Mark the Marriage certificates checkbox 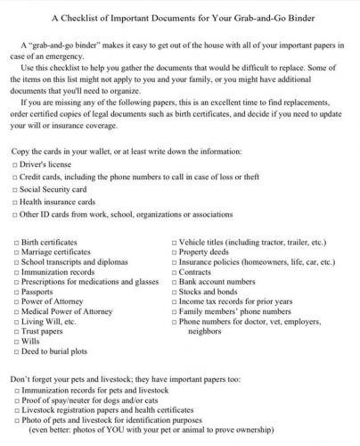click(18, 253)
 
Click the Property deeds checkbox click(176, 253)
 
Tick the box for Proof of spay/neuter click(18, 400)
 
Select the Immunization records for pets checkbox click(18, 390)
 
